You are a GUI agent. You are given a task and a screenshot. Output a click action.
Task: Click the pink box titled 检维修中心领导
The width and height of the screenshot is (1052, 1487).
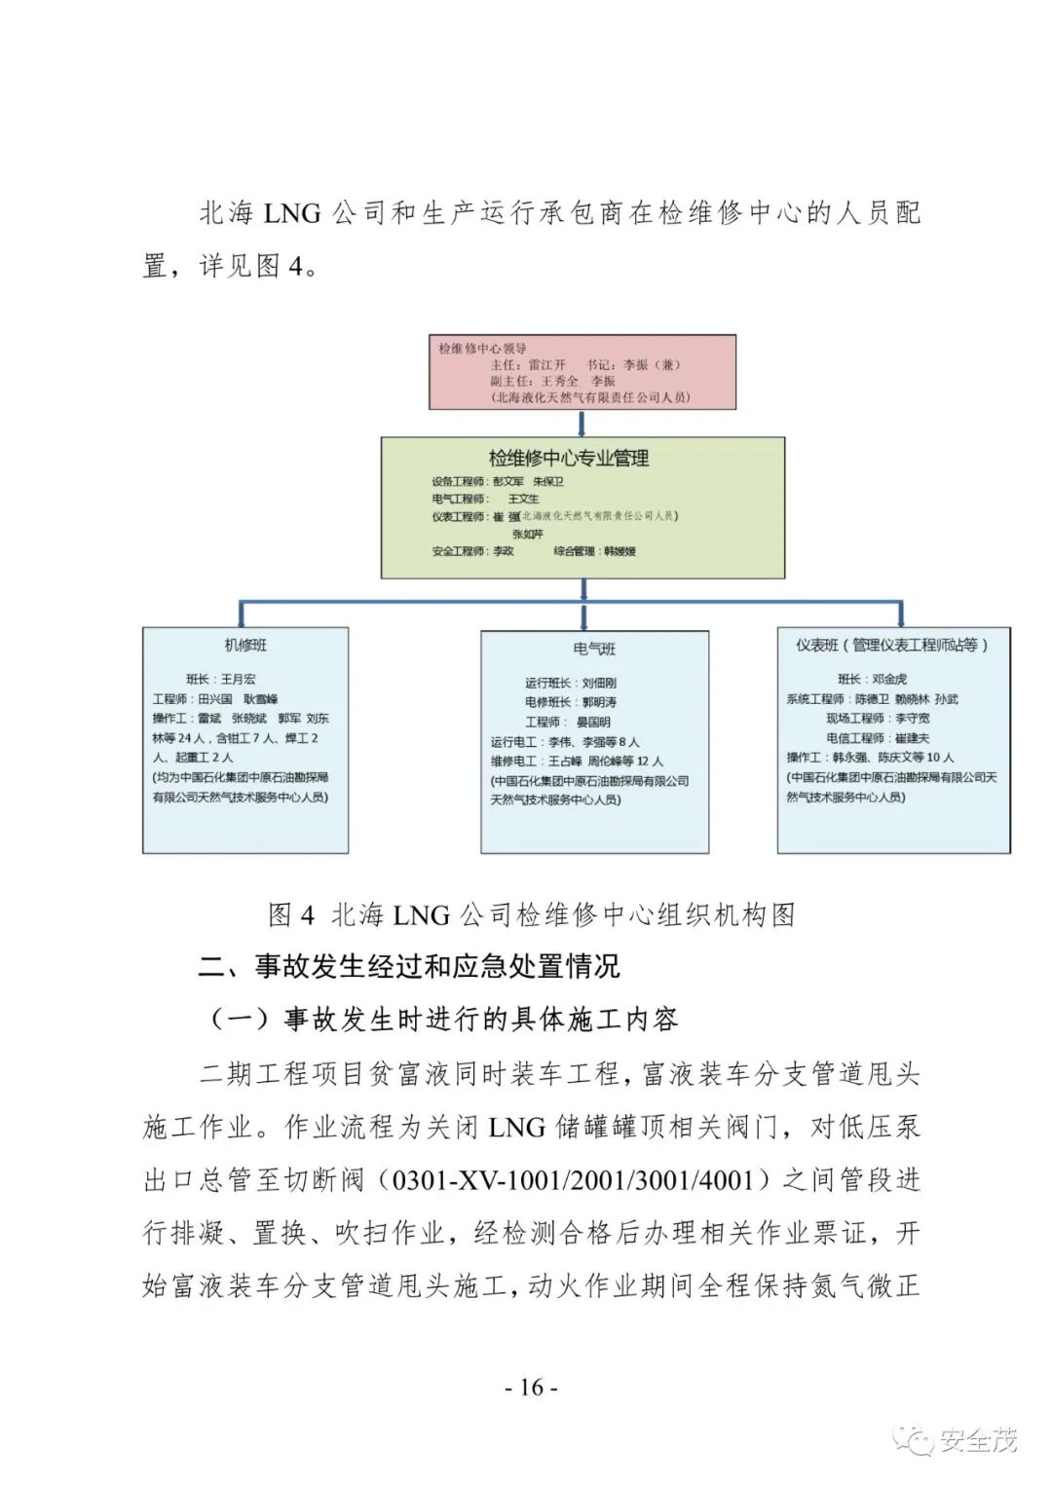(582, 372)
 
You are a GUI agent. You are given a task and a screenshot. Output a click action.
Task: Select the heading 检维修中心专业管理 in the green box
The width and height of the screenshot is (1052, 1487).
(569, 458)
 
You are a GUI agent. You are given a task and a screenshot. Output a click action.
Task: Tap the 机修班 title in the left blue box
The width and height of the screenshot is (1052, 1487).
(245, 646)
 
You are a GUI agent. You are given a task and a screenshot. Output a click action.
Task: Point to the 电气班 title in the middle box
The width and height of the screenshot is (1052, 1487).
(594, 650)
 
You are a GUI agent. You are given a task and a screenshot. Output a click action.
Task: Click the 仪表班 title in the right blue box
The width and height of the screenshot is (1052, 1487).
(892, 645)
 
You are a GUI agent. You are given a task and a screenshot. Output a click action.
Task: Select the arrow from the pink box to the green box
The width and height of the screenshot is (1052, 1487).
(582, 423)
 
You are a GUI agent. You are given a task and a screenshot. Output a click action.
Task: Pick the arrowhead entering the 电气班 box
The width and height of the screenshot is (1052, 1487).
(583, 620)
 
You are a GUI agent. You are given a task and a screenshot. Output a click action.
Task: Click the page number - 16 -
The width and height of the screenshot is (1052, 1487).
(531, 1387)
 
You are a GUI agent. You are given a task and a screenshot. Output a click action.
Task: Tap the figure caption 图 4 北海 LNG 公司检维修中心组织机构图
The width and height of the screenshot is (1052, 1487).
(532, 915)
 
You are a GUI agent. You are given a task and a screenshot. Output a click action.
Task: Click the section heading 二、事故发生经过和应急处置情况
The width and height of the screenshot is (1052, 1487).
(409, 966)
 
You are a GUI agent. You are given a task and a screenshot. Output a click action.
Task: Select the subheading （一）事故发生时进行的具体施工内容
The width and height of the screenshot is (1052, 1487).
(443, 1020)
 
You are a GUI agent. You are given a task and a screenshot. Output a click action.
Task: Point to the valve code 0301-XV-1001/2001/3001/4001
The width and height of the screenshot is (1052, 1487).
(573, 1180)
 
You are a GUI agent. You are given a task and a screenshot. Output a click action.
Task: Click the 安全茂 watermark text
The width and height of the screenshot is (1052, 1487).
(978, 1439)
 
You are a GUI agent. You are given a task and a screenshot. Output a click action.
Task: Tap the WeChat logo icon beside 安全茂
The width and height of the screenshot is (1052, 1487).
(916, 1440)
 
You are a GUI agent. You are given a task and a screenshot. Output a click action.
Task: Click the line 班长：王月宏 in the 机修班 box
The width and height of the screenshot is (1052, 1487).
(221, 679)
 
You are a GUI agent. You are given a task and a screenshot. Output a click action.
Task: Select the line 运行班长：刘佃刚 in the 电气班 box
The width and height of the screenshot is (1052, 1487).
(571, 683)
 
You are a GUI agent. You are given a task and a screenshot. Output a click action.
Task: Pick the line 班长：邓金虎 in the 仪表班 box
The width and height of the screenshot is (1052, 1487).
(872, 679)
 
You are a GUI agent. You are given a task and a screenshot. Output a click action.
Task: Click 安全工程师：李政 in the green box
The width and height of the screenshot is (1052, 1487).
(473, 551)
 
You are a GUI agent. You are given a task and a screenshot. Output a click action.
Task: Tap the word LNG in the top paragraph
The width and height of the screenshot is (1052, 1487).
(292, 213)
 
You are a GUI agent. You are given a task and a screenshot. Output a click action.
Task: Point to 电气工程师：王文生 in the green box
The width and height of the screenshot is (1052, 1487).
(485, 499)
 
